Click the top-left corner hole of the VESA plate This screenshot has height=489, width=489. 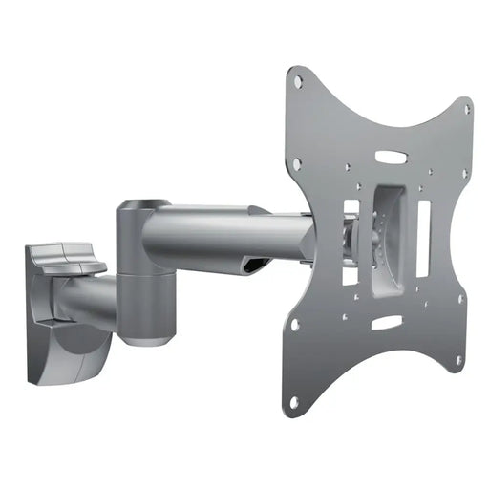(x=299, y=83)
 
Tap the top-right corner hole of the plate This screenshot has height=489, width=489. (x=466, y=109)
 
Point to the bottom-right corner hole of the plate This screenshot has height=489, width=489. (x=459, y=360)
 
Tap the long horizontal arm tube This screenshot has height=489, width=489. (x=229, y=234)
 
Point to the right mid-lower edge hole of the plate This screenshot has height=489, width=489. (x=460, y=298)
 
